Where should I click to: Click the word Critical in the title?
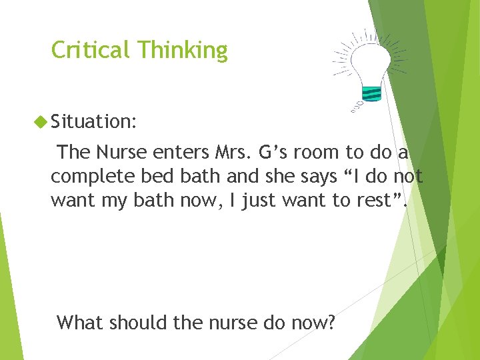pos(91,50)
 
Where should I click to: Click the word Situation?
pos(94,121)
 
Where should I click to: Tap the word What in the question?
pos(79,323)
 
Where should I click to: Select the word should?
pos(136,323)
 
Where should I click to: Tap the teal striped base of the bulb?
pos(372,93)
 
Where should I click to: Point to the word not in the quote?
pos(407,177)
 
